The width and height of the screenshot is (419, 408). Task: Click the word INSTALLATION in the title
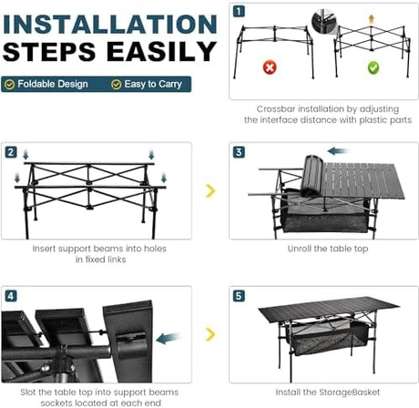click(x=110, y=25)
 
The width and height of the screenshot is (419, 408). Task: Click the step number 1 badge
click(x=239, y=12)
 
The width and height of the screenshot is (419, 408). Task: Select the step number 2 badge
click(x=11, y=152)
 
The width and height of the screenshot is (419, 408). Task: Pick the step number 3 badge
click(x=239, y=152)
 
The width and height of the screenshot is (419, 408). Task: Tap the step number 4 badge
click(x=11, y=296)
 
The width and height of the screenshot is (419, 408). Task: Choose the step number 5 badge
click(x=239, y=296)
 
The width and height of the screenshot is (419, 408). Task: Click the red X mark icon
click(x=270, y=67)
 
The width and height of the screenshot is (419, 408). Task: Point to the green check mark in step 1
click(x=373, y=67)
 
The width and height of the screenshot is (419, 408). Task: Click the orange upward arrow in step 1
click(x=371, y=19)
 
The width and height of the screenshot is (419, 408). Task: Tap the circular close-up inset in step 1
click(x=324, y=21)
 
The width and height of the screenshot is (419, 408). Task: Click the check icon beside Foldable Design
click(x=10, y=85)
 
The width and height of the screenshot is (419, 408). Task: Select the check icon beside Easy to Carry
click(x=117, y=85)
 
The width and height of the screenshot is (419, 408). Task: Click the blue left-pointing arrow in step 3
click(x=338, y=151)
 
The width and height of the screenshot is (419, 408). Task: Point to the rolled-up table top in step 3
click(x=312, y=176)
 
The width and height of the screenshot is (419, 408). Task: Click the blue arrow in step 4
click(x=168, y=338)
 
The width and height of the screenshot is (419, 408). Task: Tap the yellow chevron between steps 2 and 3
click(x=210, y=190)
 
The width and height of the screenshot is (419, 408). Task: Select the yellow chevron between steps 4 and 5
click(x=210, y=334)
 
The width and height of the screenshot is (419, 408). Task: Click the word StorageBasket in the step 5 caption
click(x=349, y=393)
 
